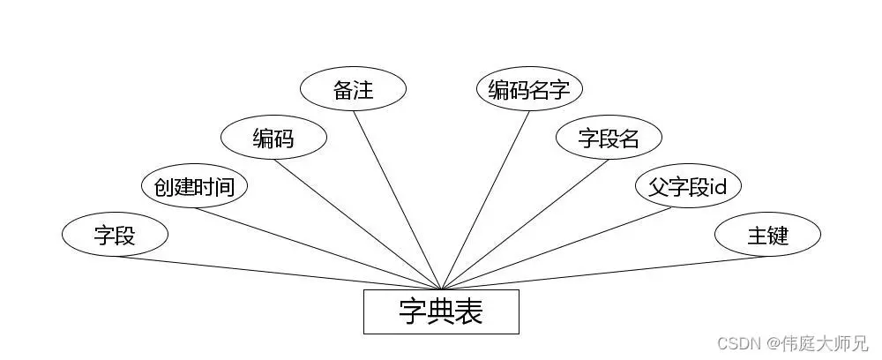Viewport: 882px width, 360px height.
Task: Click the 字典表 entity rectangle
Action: click(441, 311)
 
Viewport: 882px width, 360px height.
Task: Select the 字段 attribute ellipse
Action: click(115, 235)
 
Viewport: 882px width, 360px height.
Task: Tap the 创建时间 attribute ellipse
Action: click(194, 186)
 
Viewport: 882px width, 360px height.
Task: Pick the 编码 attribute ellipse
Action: click(273, 138)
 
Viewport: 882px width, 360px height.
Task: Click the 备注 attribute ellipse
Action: click(353, 89)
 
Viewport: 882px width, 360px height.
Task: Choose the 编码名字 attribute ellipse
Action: click(529, 89)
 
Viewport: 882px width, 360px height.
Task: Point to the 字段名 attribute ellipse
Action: click(609, 138)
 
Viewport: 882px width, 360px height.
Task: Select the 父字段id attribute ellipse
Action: click(688, 186)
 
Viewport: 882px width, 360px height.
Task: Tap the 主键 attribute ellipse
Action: click(767, 235)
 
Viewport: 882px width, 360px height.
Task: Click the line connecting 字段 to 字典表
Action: click(278, 273)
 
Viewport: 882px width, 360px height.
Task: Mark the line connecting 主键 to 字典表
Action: click(604, 273)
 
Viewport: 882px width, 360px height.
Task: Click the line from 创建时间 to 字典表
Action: click(318, 248)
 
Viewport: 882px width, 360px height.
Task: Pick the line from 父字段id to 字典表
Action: click(564, 248)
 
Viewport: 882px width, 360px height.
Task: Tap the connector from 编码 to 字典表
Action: click(357, 224)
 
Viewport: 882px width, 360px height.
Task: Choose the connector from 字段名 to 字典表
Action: click(525, 224)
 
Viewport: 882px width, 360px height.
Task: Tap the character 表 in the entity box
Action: click(468, 311)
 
